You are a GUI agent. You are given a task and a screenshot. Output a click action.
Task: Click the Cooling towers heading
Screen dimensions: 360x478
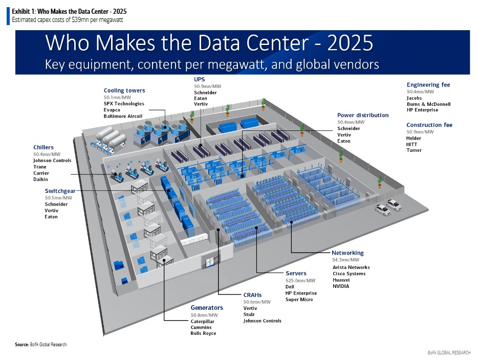pos(124,91)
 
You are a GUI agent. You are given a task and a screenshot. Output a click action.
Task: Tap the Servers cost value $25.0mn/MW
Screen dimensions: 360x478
pos(300,280)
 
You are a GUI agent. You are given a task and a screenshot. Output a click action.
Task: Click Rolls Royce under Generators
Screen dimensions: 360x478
pos(203,333)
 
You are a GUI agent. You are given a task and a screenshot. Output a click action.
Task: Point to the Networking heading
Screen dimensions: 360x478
pos(347,253)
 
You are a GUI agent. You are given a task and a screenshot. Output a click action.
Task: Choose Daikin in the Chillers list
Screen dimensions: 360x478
pos(41,180)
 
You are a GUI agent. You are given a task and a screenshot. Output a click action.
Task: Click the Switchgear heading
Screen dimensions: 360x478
pos(60,191)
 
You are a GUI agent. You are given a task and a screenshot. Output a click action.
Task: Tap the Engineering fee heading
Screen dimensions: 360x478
pos(428,85)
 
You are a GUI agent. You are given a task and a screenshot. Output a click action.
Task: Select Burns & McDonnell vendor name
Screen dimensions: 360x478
pos(428,104)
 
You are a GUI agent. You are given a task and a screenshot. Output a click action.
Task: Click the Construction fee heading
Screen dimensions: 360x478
pos(429,125)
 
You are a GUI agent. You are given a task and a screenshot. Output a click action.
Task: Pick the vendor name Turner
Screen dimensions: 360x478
pos(414,150)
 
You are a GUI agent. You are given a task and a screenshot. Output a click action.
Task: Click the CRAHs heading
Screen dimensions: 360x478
pos(252,295)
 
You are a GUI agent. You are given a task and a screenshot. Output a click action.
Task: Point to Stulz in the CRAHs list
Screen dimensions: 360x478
pos(249,314)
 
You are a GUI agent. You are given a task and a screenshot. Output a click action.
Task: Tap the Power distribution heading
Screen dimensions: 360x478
pos(362,116)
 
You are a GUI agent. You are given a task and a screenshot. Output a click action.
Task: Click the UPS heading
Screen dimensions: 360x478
pos(199,80)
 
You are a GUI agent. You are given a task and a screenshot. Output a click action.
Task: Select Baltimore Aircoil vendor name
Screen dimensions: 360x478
pos(123,116)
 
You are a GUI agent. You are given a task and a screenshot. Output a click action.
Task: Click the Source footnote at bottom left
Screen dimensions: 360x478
pos(40,345)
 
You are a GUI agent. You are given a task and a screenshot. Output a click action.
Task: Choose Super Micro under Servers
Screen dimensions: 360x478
pos(299,300)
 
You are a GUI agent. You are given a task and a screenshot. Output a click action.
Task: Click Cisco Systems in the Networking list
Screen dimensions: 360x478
pos(349,274)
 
